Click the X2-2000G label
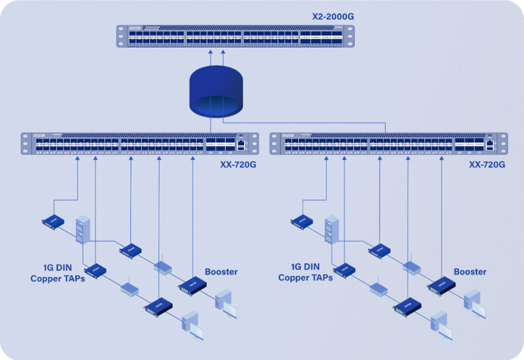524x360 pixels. [x=333, y=17]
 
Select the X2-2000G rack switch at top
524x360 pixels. [x=235, y=36]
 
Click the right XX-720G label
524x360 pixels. [x=487, y=165]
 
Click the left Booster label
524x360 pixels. [x=222, y=272]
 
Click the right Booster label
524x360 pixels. [x=470, y=272]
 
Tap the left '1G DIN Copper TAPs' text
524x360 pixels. [x=57, y=273]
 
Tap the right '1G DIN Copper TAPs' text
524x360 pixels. [x=305, y=273]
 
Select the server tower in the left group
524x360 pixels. [x=82, y=229]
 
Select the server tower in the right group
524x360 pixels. [x=331, y=229]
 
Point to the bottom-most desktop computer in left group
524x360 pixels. [x=193, y=324]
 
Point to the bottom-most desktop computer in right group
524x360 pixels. [x=442, y=324]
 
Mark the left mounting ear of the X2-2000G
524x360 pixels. [x=121, y=36]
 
